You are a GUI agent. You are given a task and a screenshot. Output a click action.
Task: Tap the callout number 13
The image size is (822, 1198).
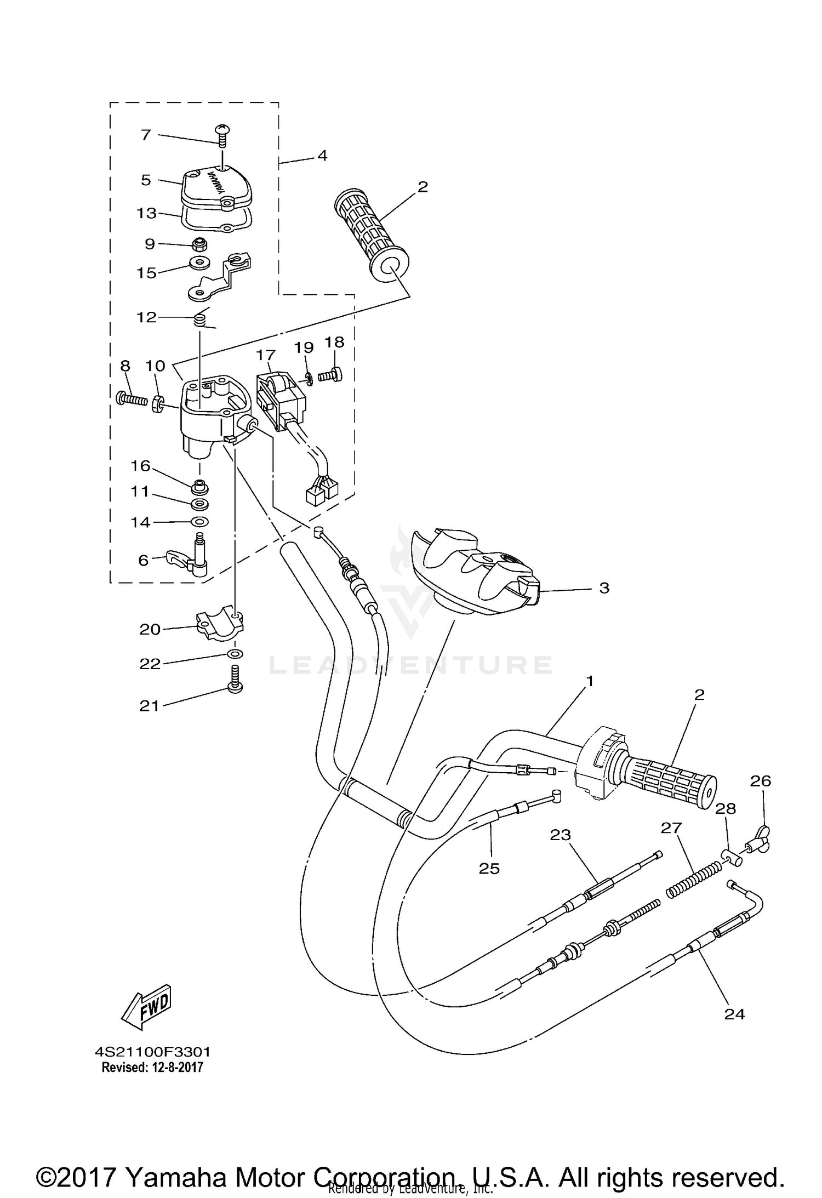tap(147, 213)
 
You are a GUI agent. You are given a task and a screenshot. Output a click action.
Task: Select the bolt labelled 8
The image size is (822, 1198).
tap(132, 400)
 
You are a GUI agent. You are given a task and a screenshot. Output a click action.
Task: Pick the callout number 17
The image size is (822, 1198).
tap(265, 356)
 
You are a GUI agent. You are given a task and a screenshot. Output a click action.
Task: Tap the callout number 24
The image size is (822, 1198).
tap(734, 1014)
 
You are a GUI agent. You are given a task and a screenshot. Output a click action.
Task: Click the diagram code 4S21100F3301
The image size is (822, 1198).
tap(152, 1052)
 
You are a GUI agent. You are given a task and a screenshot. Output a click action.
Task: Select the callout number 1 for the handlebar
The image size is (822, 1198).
tap(590, 681)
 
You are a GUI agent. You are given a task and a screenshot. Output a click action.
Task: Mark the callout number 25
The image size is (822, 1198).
tap(489, 869)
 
